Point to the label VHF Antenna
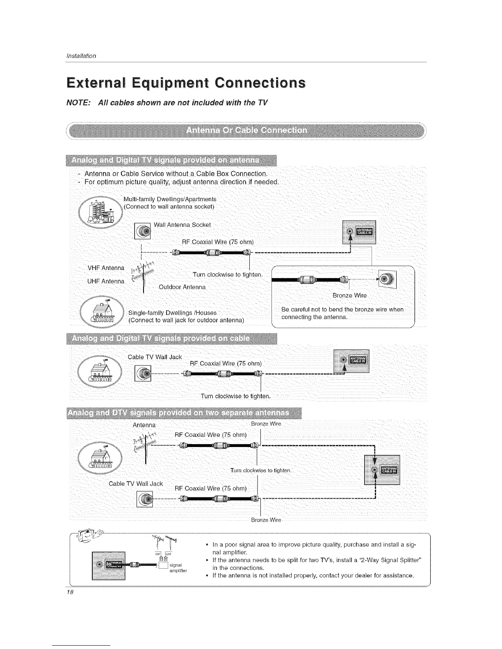pos(106,268)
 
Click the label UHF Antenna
pos(106,281)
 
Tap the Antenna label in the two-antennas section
pos(144,425)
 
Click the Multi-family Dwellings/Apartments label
pos(170,199)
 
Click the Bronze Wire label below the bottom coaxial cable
pos(266,520)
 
